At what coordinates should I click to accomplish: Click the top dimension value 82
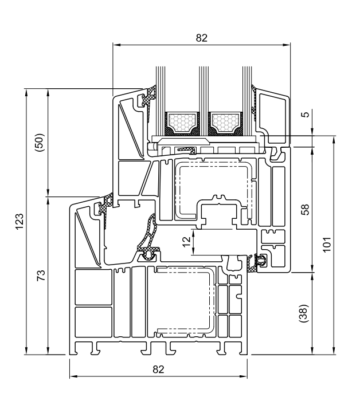coord(202,38)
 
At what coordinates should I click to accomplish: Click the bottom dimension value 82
coord(158,369)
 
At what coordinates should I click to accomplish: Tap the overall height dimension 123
coord(20,222)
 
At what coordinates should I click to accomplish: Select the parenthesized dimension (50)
coord(40,143)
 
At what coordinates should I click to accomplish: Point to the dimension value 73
coord(41,275)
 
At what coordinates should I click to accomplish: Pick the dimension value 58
coord(305,210)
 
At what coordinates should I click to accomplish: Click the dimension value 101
coord(327,244)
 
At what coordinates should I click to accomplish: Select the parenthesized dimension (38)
coord(304,313)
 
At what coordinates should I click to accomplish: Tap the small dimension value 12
coord(187,242)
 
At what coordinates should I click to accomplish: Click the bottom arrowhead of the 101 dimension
coord(334,351)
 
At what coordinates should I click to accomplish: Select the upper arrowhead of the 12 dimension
coord(193,233)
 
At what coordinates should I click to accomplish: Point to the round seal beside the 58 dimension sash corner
coord(261,261)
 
